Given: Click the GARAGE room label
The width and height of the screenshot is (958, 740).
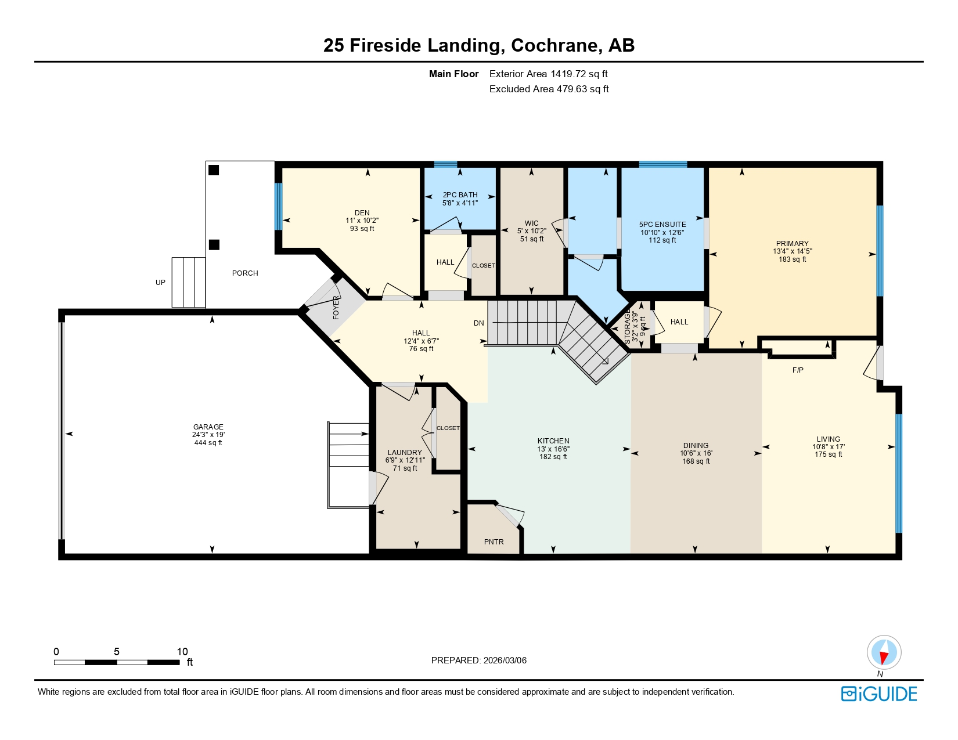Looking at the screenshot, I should click(x=208, y=427).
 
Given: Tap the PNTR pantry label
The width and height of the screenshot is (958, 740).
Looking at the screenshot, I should click(x=494, y=542).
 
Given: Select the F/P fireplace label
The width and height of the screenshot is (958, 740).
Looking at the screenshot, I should click(x=798, y=370).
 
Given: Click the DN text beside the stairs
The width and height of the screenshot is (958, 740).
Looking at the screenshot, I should click(x=478, y=323).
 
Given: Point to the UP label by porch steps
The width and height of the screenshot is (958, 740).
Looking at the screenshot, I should click(x=160, y=283).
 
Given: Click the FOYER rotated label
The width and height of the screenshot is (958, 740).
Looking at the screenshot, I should click(x=336, y=308).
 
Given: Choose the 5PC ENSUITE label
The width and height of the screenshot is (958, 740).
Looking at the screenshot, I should click(x=662, y=224).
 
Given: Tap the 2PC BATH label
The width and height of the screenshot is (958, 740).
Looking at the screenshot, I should click(x=460, y=195).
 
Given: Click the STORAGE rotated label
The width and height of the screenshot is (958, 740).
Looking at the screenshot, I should click(x=628, y=326).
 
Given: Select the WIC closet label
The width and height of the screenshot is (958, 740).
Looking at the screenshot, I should click(x=531, y=223).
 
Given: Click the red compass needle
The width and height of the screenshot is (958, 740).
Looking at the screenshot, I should click(x=884, y=657).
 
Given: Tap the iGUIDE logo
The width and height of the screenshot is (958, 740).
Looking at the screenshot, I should click(x=879, y=694).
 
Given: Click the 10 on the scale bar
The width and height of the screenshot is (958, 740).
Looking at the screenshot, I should click(x=182, y=652).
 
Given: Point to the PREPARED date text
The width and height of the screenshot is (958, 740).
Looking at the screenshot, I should click(x=478, y=660).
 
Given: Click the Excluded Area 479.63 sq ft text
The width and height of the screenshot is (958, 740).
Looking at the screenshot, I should click(x=549, y=89).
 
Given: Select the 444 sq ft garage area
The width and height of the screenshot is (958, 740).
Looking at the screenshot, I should click(x=208, y=443).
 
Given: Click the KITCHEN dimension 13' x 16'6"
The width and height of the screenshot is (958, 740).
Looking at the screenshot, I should click(x=553, y=449).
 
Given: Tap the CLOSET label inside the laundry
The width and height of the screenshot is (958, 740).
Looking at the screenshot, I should click(x=448, y=428).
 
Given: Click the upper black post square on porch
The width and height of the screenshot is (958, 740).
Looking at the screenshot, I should click(x=214, y=170).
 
